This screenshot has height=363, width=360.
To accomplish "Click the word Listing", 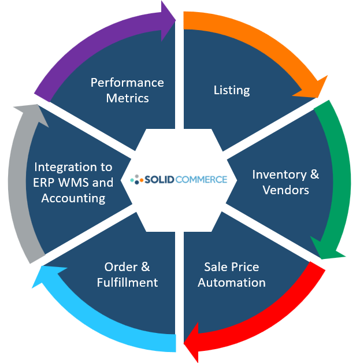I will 232,90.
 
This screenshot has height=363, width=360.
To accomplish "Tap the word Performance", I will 127,83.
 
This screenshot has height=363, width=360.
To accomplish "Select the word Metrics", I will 127,98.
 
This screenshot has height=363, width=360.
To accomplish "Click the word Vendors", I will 285,190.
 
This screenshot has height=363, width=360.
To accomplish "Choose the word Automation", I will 231,282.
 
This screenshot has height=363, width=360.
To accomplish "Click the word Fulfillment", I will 127,282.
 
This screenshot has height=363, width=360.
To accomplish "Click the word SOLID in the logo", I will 159,180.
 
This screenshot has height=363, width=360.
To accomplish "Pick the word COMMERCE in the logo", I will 202,180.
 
